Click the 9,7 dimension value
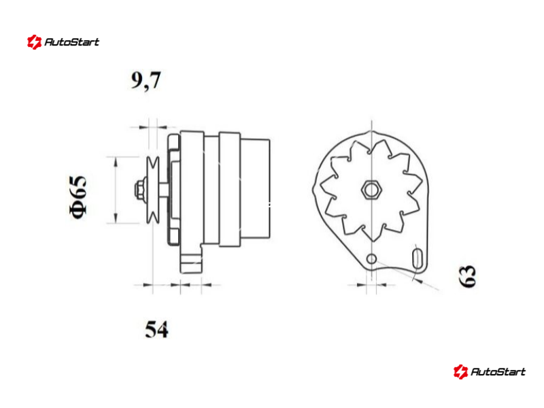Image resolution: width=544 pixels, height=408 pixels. coord(146,81)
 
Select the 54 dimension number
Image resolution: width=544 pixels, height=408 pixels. coord(156,329)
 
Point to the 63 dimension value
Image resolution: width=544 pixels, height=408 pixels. coord(467,276)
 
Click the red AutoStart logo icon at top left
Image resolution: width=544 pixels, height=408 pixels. coord(35,42)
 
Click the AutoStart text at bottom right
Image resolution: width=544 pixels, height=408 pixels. coord(498,372)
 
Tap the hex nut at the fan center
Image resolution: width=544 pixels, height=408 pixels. coord(371,190)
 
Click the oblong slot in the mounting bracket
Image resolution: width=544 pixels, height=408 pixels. coord(418,258)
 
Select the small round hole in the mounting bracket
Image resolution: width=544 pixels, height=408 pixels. coord(371,258)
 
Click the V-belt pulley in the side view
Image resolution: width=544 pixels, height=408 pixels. coord(152,190)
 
